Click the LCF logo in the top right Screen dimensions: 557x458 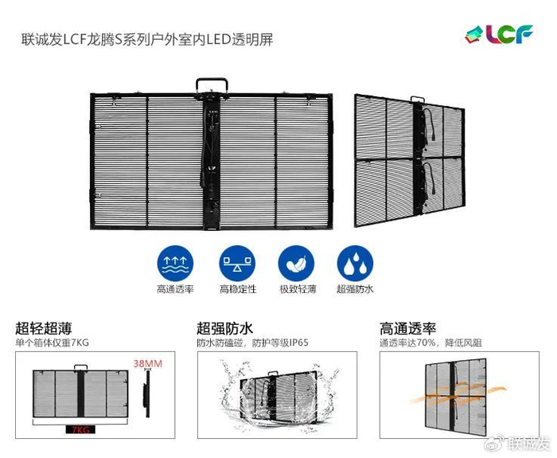(x=499, y=34)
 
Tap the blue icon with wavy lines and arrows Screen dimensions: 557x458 (x=175, y=264)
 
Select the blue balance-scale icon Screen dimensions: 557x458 (x=237, y=264)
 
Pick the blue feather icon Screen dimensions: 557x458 (x=296, y=264)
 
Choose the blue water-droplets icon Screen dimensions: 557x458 (x=355, y=264)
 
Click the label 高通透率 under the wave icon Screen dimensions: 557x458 (x=175, y=289)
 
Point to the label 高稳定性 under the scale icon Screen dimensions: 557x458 (x=238, y=289)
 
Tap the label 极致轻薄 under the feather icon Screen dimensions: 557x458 (x=298, y=289)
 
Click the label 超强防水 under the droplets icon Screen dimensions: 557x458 (x=355, y=289)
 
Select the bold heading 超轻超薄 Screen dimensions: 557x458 (x=44, y=328)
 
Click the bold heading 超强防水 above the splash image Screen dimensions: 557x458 (x=225, y=328)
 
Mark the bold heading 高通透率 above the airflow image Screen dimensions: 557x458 (x=407, y=328)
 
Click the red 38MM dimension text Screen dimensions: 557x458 (x=148, y=364)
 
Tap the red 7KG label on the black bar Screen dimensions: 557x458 (x=80, y=430)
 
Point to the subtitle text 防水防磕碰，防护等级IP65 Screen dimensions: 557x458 (x=252, y=343)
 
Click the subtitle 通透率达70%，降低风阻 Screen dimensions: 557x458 (x=430, y=343)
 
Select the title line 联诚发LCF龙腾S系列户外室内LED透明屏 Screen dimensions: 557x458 (x=147, y=40)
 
